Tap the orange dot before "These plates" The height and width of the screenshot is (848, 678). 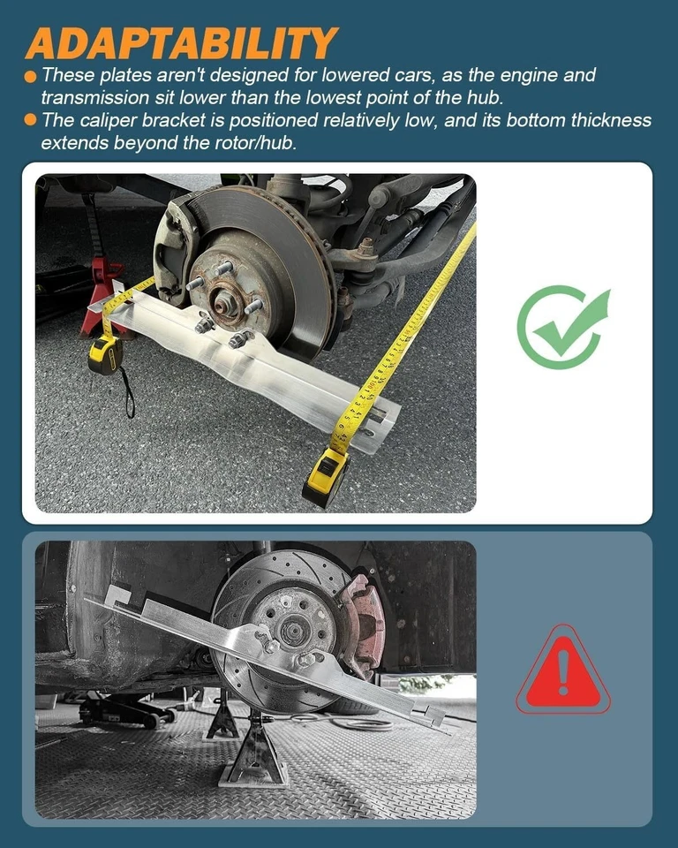pos(30,77)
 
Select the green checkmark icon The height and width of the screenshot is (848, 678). pos(563,327)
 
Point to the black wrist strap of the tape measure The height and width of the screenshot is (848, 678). pos(128,392)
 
